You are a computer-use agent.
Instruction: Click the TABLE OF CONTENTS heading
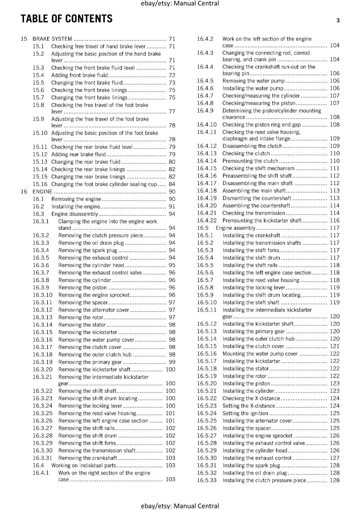pos(66,19)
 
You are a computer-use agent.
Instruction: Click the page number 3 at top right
pos(338,21)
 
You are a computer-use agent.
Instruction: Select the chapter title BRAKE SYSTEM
pos(52,39)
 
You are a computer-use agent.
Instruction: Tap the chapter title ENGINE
pos(42,192)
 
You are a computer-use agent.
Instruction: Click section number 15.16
pos(40,184)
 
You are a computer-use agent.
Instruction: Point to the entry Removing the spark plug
pos(88,250)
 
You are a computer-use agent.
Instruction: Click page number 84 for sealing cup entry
pos(172,184)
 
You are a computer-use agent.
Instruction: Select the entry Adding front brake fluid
pos(79,75)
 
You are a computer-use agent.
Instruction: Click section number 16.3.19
pos(42,362)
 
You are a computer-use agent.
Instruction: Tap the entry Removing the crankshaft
pos(88,458)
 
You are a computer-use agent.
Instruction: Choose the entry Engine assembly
pos(235,228)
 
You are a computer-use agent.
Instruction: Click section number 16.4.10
pos(206,125)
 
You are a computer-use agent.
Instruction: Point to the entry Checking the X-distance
pos(251,398)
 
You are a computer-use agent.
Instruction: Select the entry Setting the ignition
pos(245,413)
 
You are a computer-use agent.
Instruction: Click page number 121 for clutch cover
pos(335,346)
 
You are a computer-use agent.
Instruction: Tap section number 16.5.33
pos(206,480)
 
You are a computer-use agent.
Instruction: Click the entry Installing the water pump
pos(253,88)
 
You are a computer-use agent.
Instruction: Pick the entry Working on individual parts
pos(83,465)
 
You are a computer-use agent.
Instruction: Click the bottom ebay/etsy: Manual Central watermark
pos(180,506)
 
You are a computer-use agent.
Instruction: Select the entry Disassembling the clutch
pos(252,146)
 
